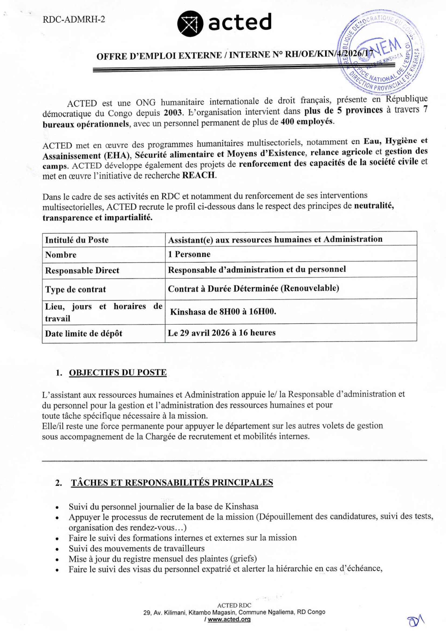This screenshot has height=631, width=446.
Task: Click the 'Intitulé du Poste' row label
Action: pyautogui.click(x=77, y=240)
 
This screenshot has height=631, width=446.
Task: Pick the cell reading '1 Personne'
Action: pyautogui.click(x=189, y=254)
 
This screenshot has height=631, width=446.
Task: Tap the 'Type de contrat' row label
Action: pyautogui.click(x=76, y=289)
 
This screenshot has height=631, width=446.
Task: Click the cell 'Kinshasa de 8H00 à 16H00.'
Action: pyautogui.click(x=223, y=312)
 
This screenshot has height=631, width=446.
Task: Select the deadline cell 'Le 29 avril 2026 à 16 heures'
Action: pyautogui.click(x=222, y=333)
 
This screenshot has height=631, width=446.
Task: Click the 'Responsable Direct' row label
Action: pyautogui.click(x=82, y=270)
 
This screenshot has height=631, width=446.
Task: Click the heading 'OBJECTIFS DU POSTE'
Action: pyautogui.click(x=118, y=373)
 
